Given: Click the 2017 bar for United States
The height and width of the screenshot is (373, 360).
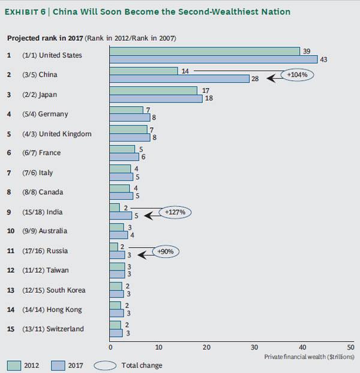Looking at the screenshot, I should tap(214, 59).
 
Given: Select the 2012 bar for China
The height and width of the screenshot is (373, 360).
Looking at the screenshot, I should tap(144, 71).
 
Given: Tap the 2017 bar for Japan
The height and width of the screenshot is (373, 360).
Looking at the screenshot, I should tap(156, 98).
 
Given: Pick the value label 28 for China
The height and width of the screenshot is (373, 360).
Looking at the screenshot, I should tap(254, 79).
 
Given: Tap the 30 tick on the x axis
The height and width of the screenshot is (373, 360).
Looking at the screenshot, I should tap(254, 347).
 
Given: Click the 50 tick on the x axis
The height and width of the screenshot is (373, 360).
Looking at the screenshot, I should tap(350, 347).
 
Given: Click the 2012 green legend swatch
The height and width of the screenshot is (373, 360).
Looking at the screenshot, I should tap(15, 365).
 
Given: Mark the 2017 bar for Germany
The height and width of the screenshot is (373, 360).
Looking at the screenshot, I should tap(130, 118).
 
